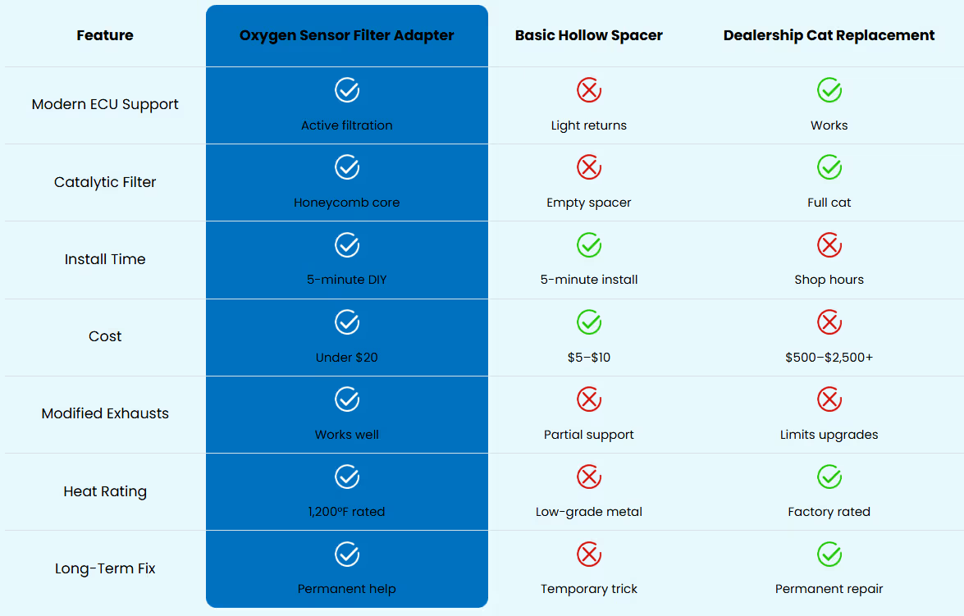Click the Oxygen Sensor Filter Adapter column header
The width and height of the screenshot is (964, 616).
click(347, 35)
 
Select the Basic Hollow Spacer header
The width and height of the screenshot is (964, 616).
click(588, 35)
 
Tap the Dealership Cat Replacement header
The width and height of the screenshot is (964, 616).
click(829, 35)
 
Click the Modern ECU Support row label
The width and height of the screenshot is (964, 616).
click(105, 104)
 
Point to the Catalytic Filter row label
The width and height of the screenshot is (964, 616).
click(105, 182)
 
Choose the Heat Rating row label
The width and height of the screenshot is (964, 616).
click(105, 491)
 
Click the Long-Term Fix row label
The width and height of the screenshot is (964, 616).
click(105, 568)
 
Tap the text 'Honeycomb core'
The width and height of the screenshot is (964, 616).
click(347, 203)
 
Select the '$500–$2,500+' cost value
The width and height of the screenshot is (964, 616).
click(829, 357)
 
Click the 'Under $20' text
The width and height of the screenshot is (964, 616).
click(347, 357)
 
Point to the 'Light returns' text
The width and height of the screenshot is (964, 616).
click(588, 125)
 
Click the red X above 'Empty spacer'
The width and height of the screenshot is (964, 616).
click(589, 167)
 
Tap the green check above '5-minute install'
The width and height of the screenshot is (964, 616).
click(589, 244)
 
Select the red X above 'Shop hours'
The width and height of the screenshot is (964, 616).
click(829, 244)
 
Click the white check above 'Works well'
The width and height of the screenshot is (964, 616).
click(347, 399)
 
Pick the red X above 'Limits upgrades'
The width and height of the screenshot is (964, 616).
click(829, 399)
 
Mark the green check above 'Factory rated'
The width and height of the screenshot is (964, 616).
click(829, 477)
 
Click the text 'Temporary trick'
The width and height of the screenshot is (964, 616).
click(588, 589)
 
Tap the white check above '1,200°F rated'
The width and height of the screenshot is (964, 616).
click(347, 477)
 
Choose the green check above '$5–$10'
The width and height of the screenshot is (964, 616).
click(589, 322)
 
